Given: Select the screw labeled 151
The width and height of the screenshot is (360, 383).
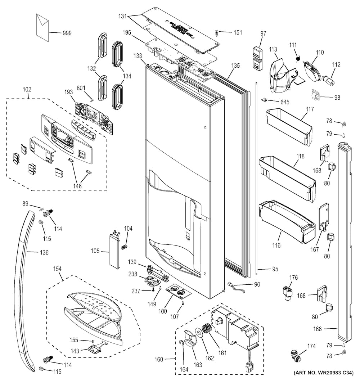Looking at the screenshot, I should coord(217,33).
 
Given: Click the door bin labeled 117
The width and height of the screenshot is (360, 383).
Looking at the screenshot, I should coord(288,126).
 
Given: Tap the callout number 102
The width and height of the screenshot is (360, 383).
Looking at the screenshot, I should coord(27,90).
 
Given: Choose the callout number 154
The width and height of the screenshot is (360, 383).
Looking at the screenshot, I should coord(57,269).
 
